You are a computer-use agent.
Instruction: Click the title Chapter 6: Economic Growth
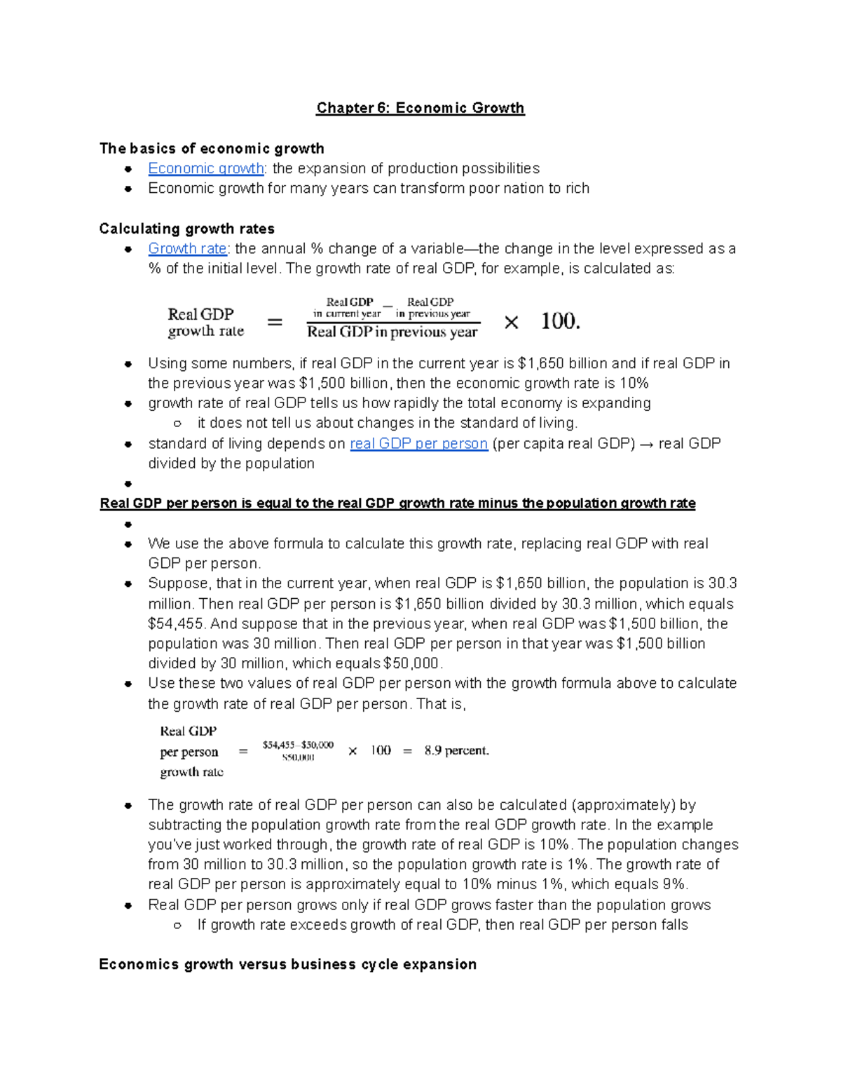[x=420, y=108]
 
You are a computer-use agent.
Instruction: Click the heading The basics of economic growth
[x=212, y=149]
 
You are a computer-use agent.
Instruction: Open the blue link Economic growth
[x=205, y=169]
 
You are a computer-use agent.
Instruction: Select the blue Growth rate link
[x=187, y=249]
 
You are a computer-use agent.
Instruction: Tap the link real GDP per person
[x=418, y=444]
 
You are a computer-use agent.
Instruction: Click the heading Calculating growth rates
[x=186, y=229]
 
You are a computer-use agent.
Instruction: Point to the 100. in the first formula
[x=560, y=321]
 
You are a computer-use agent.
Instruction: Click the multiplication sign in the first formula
[x=511, y=323]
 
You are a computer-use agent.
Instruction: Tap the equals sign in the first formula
[x=275, y=323]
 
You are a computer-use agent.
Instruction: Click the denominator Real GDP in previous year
[x=392, y=332]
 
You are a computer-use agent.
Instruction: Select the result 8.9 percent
[x=456, y=751]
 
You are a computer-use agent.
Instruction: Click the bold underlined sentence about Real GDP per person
[x=397, y=503]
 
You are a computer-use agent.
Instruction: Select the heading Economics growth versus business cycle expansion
[x=287, y=965]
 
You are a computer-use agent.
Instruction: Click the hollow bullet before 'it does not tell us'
[x=177, y=424]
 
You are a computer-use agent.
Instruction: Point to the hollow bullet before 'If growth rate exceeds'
[x=177, y=926]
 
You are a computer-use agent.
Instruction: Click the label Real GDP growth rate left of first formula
[x=205, y=323]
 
